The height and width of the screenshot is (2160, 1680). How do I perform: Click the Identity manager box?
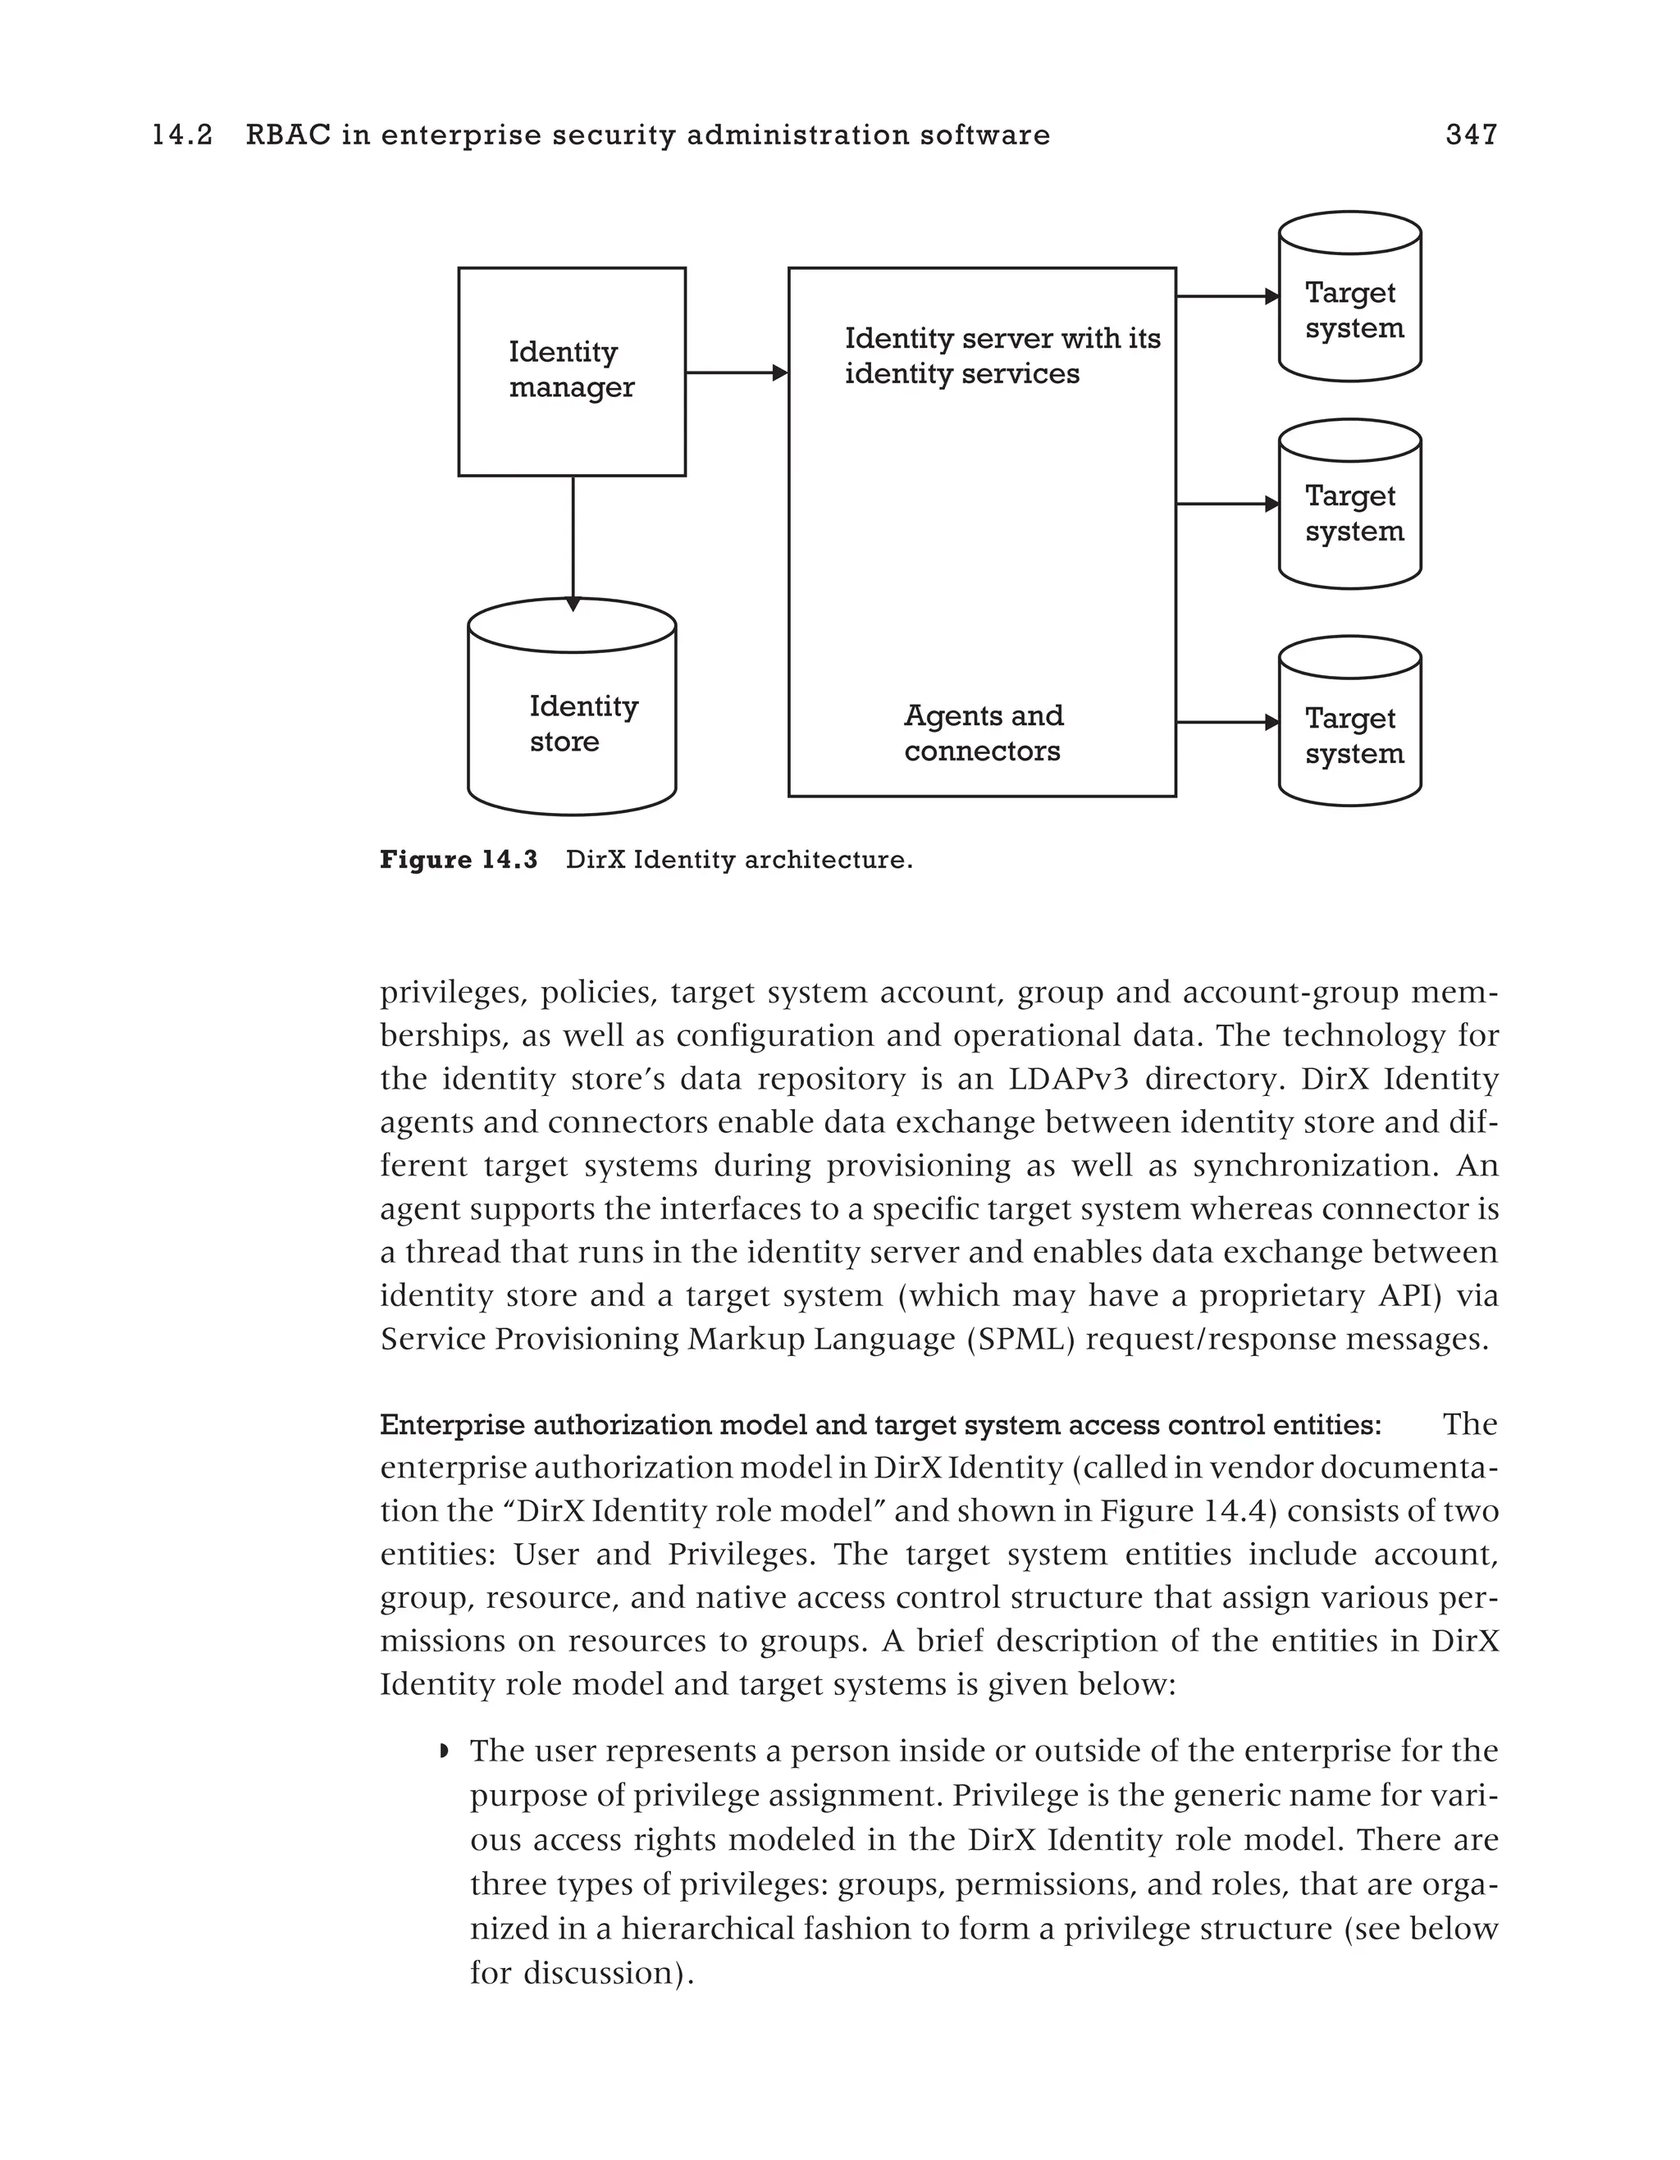point(572,371)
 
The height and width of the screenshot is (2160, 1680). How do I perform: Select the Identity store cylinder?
point(572,722)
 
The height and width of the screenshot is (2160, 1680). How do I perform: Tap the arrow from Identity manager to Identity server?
point(736,373)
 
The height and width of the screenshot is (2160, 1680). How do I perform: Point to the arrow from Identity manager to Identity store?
point(573,539)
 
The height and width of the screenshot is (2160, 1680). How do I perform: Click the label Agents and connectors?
point(982,733)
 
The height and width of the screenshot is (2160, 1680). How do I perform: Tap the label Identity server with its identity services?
point(1001,356)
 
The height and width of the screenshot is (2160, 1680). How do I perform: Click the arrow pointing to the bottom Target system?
point(1226,723)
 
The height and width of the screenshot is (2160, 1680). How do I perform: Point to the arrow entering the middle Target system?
point(1226,505)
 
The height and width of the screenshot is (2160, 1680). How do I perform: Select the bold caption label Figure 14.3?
point(458,860)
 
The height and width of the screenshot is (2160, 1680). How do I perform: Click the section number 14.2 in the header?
point(182,135)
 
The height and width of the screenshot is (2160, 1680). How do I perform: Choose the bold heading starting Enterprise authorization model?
point(880,1425)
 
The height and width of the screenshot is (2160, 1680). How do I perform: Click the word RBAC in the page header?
point(288,135)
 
